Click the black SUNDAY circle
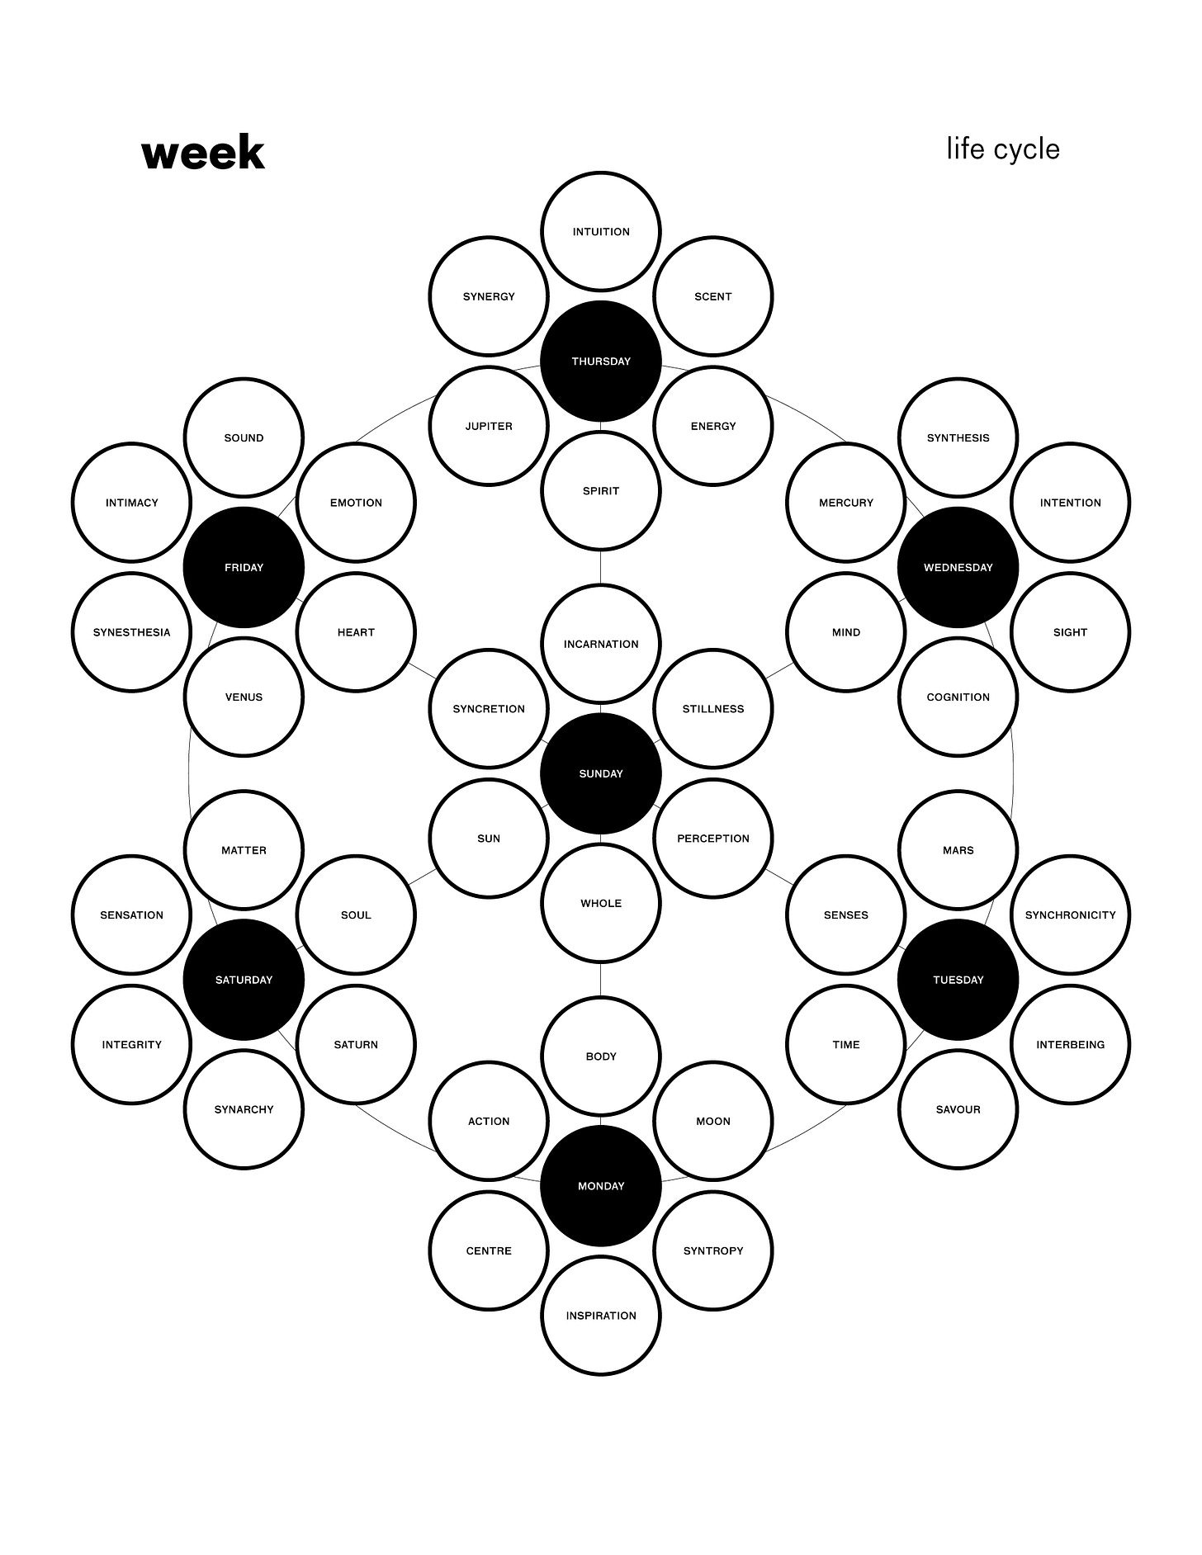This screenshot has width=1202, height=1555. pos(601,773)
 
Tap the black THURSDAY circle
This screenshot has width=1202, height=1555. pos(601,361)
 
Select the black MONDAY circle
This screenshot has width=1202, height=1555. pos(601,1186)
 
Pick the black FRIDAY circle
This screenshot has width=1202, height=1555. pos(244,567)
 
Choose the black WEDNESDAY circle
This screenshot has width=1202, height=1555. pos(958,567)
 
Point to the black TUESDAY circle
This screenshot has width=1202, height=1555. pos(958,980)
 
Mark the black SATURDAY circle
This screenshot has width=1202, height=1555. pos(244,980)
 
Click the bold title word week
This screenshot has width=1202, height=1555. pos(203,154)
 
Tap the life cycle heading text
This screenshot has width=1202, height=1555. pos(1003,149)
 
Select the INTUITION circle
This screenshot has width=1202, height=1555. pos(601,232)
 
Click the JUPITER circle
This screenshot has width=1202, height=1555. pos(489,426)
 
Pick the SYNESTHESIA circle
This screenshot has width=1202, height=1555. pos(131,632)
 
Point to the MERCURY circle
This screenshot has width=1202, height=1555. pos(846,503)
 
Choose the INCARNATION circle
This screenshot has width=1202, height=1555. pos(601,644)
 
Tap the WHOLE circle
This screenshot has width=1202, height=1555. pos(601,903)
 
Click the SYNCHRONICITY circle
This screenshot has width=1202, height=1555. pos(1070,915)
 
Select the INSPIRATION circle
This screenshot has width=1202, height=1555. pos(601,1316)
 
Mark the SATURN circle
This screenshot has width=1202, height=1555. pos(356,1044)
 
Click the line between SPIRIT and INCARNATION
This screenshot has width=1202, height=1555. pos(601,567)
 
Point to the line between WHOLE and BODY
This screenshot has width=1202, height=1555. pos(601,980)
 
